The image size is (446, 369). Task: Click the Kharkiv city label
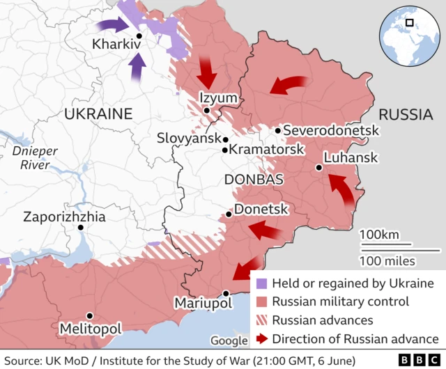pos(116,45)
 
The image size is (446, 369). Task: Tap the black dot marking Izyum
pos(207,110)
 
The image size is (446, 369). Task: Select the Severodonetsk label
pos(331,131)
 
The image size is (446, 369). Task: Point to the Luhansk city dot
pos(318,167)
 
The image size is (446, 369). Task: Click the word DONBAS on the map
pos(253,180)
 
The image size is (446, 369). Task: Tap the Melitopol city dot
pos(89,315)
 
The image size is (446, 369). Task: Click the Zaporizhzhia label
pos(64,217)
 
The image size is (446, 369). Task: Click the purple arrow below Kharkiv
pos(138,68)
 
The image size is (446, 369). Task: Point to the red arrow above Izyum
pos(207,70)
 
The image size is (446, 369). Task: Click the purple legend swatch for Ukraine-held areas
pos(261,284)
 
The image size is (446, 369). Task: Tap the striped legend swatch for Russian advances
pos(261,321)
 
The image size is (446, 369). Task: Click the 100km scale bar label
pos(380,234)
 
